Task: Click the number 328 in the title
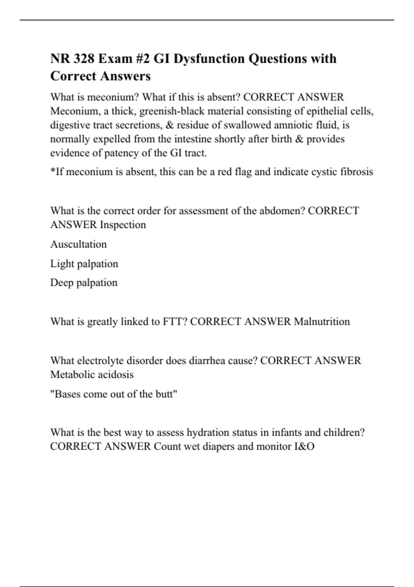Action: (83, 59)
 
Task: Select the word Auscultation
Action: (79, 244)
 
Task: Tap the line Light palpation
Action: (84, 264)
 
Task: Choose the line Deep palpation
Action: (84, 282)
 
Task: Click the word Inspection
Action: (123, 225)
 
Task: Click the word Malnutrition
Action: (322, 321)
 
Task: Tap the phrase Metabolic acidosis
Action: (92, 375)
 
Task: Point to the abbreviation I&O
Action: (304, 446)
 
